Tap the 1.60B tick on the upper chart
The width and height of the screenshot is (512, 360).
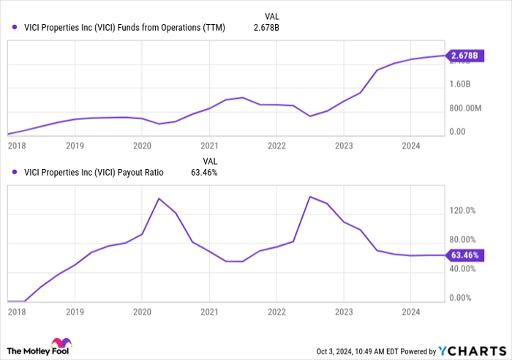coord(464,84)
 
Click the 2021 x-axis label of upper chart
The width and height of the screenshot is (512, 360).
coord(209,145)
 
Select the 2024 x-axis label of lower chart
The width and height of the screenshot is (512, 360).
coord(410,310)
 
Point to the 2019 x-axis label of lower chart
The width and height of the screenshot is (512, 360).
coord(75,310)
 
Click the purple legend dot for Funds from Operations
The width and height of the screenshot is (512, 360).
coord(15,28)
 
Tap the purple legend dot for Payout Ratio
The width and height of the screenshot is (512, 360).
coord(15,173)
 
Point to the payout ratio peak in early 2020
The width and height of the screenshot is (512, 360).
coord(159,198)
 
